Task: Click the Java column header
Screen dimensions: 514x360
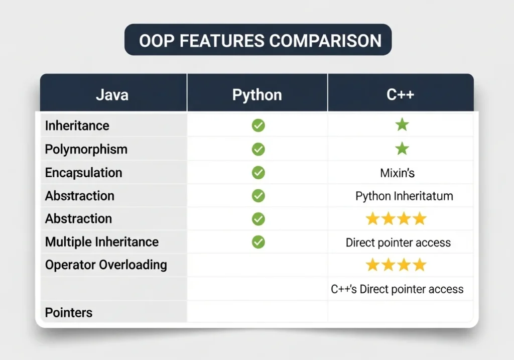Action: [112, 95]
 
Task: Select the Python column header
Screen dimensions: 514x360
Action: [257, 95]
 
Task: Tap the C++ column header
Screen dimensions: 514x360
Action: [400, 94]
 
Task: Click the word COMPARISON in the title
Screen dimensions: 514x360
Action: [325, 41]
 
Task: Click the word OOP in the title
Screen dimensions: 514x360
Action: [157, 41]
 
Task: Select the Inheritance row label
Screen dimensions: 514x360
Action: [77, 126]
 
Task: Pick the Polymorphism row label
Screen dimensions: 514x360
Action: [86, 150]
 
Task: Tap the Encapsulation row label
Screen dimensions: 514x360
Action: [84, 173]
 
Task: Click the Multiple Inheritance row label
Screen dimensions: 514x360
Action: [102, 242]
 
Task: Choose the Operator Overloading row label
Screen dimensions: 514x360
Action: [106, 265]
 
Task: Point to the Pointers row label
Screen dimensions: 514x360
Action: [68, 312]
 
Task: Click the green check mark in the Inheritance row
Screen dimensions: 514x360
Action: [259, 126]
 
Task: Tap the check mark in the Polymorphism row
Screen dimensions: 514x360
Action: [259, 150]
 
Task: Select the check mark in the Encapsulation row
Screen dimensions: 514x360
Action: [259, 173]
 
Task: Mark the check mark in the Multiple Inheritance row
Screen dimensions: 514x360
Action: [259, 242]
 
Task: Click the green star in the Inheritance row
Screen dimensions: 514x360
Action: [402, 125]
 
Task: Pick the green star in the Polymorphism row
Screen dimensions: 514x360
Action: [402, 149]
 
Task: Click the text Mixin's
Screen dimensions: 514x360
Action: [398, 173]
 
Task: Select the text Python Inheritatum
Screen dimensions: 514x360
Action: [404, 196]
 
